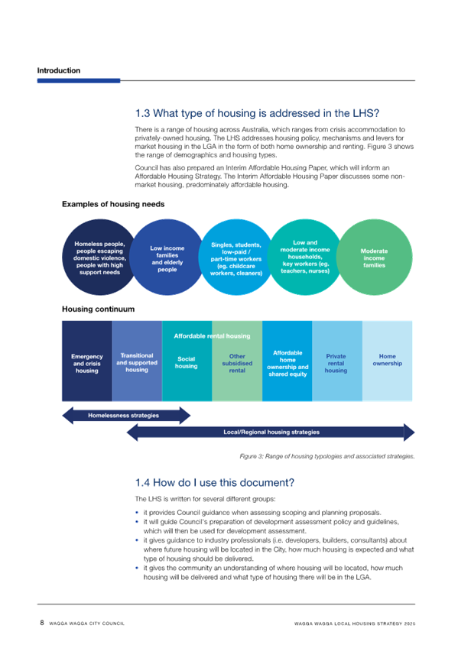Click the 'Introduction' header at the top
(x=59, y=70)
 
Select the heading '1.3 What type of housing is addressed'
(x=257, y=113)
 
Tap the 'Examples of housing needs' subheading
(x=113, y=204)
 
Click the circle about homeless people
(x=99, y=258)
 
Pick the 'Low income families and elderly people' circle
(x=167, y=258)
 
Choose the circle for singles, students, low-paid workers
(x=236, y=258)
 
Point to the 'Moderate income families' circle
(x=374, y=258)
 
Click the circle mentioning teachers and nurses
(x=305, y=258)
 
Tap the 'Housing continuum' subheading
(x=99, y=309)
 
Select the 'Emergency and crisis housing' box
(x=87, y=361)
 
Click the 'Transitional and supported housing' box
(x=137, y=361)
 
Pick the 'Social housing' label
(x=186, y=362)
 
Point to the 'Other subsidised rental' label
(x=237, y=363)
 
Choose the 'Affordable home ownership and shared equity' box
(x=287, y=361)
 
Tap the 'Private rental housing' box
(x=337, y=361)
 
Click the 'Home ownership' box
(x=388, y=361)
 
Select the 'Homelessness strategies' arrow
(x=126, y=416)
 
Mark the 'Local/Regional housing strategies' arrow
(x=271, y=433)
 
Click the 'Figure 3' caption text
(x=327, y=456)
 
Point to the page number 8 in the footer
(x=42, y=623)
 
